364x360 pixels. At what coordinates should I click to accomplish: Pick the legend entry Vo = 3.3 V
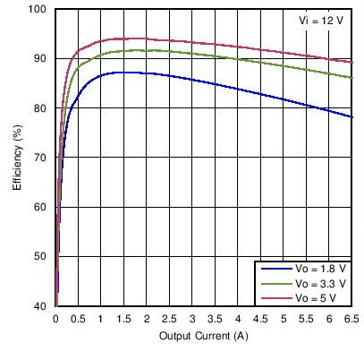[317, 283]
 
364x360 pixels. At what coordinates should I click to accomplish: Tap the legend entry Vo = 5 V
[314, 296]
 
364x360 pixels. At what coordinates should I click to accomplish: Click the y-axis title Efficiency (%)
[17, 158]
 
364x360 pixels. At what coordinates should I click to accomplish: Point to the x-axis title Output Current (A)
[204, 336]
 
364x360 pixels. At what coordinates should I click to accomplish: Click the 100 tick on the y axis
[38, 10]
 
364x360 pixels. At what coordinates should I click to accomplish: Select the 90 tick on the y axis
[40, 59]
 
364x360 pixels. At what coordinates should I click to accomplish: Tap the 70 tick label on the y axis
[40, 158]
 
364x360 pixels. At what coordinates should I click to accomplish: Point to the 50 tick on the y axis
[40, 257]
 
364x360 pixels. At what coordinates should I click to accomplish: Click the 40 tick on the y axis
[40, 306]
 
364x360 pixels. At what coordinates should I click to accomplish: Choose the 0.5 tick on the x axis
[79, 319]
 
